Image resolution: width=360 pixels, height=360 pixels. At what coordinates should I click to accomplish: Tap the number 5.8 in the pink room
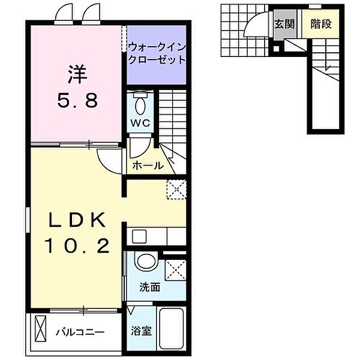pos(76,100)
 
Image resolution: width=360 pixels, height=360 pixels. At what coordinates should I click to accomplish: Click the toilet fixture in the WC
pos(140,104)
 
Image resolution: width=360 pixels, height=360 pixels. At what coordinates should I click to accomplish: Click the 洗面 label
pos(151,287)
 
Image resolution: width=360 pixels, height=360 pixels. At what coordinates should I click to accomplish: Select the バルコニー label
pos(82,331)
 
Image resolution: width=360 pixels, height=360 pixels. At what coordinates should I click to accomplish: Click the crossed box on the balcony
pos(39,331)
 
